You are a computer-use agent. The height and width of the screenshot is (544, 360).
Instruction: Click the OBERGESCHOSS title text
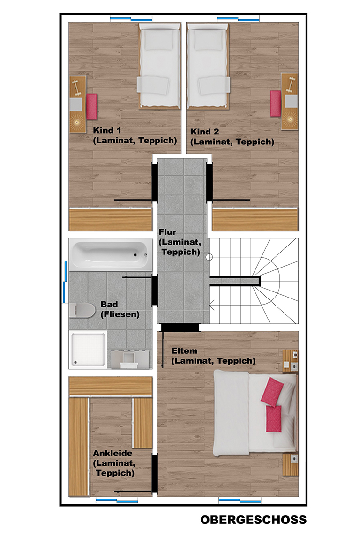(x=254, y=519)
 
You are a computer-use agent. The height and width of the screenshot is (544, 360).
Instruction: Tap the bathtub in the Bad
(x=111, y=254)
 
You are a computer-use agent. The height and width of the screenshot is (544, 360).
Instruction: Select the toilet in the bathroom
(x=82, y=310)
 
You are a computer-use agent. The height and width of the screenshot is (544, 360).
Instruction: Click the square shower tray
(x=88, y=350)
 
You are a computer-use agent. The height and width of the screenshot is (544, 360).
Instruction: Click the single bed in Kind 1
(x=159, y=66)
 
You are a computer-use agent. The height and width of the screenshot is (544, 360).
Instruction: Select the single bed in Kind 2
(x=208, y=66)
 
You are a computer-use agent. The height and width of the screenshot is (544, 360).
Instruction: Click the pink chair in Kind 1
(x=92, y=106)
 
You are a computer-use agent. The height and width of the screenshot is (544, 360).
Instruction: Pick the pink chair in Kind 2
(x=276, y=104)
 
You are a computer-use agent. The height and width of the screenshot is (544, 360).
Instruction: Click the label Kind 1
(x=107, y=130)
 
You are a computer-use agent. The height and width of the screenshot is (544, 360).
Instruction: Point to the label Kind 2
(x=204, y=132)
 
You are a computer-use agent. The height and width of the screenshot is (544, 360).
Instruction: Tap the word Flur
(x=167, y=232)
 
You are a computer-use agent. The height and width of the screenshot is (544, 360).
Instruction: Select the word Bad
(x=109, y=304)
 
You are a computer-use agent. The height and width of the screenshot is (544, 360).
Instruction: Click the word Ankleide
(x=112, y=453)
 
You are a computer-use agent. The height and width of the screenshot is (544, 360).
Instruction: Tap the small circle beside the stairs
(x=209, y=257)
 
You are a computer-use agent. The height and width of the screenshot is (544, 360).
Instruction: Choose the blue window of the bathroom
(x=65, y=281)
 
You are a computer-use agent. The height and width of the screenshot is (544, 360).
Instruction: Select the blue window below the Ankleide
(x=117, y=500)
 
